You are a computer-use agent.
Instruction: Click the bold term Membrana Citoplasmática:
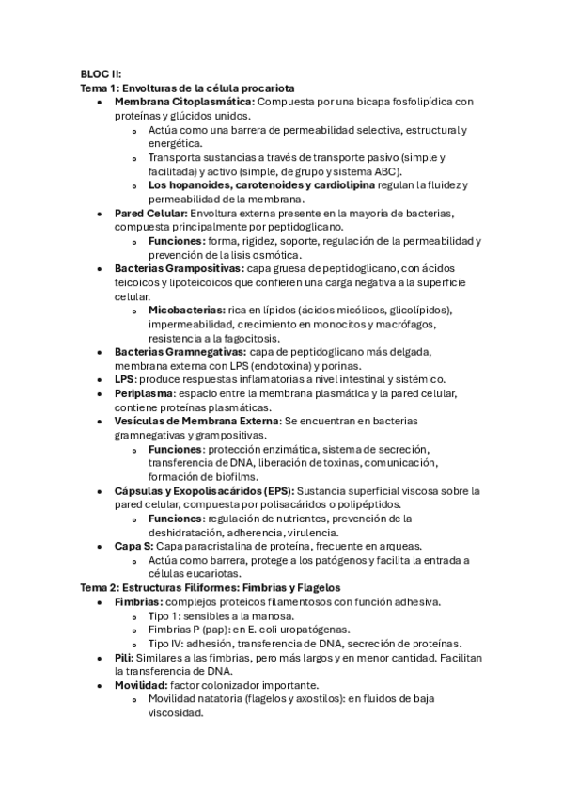pyautogui.click(x=184, y=102)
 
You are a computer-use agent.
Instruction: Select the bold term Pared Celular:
pyautogui.click(x=150, y=214)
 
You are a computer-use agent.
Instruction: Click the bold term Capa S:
pyautogui.click(x=135, y=546)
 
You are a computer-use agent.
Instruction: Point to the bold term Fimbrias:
pyautogui.click(x=138, y=601)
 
